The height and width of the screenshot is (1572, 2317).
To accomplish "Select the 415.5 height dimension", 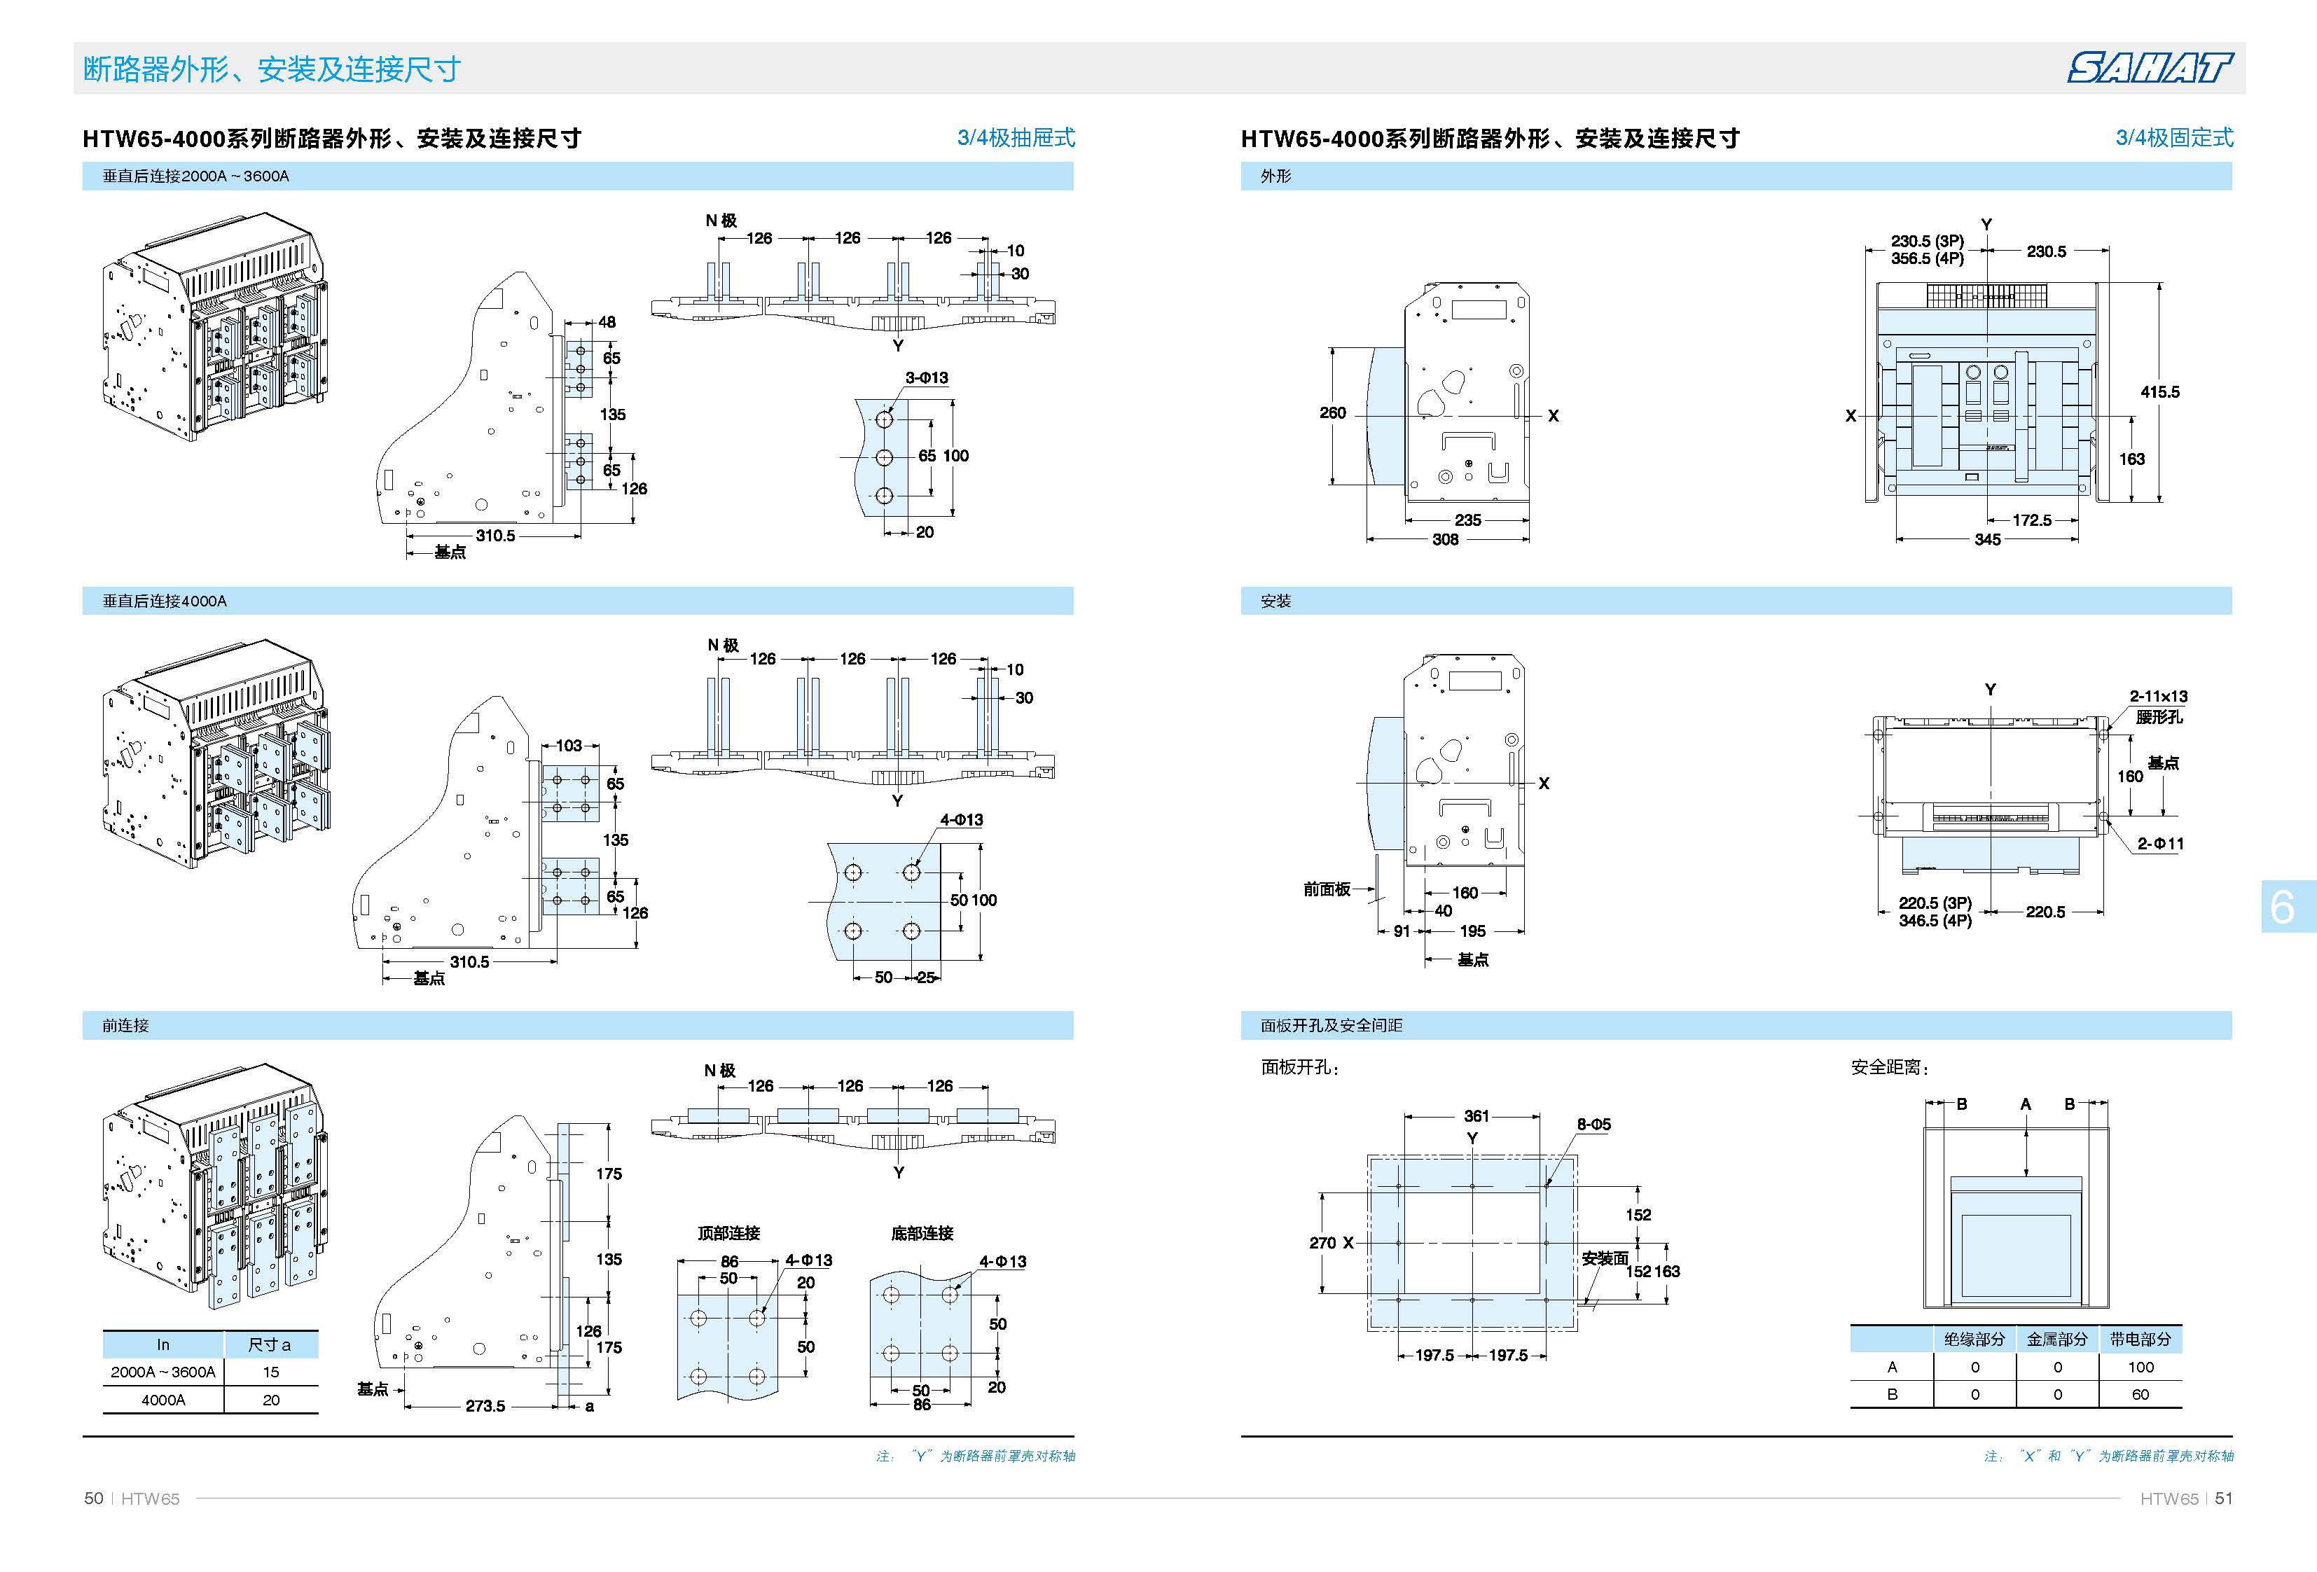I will [x=2159, y=391].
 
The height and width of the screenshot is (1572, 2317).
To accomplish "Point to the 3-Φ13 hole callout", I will [x=926, y=378].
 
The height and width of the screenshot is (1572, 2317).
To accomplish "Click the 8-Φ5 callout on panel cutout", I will [x=1593, y=1123].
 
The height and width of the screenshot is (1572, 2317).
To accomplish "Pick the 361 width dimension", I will [x=1476, y=1115].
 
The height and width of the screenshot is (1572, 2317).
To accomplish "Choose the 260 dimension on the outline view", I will [x=1333, y=412].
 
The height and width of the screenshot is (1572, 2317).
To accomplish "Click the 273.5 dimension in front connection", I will [x=485, y=1405].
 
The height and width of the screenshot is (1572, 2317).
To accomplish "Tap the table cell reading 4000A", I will [x=162, y=1400].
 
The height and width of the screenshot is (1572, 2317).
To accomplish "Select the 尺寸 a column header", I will [x=270, y=1344].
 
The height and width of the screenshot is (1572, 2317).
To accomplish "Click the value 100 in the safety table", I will [x=2140, y=1367].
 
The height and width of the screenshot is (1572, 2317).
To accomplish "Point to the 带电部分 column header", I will [x=2140, y=1340].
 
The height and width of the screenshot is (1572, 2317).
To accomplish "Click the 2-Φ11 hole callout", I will [x=2161, y=843].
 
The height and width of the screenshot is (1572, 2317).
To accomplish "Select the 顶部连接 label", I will [x=729, y=1233].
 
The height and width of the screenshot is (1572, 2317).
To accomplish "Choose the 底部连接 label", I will [x=922, y=1233].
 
